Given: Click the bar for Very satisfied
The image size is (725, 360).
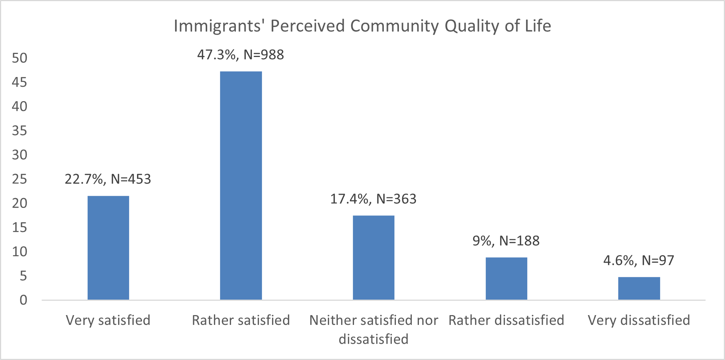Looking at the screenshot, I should point(108,248).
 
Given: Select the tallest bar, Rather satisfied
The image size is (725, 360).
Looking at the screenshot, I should point(241,186).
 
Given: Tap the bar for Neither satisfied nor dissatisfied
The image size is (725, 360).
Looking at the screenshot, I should point(374,258).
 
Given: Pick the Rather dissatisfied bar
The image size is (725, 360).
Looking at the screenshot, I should point(506,278).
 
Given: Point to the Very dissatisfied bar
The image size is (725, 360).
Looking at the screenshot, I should point(639,288).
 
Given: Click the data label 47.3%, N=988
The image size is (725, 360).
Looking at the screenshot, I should point(240,55).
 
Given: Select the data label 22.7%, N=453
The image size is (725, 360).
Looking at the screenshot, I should point(108,179).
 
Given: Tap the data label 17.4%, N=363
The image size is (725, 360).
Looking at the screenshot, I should point(373,199).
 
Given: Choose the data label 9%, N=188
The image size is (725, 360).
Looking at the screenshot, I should point(506,241).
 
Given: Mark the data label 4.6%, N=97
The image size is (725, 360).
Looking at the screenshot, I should point(639,260).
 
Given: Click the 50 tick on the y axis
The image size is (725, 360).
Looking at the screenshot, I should point(20,58).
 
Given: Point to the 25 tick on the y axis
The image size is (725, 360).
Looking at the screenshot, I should point(20,179).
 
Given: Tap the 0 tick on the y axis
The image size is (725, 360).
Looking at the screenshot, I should point(23,300).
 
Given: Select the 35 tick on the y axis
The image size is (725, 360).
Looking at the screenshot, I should point(20,131).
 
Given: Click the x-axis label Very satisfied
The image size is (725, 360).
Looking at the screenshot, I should point(108,320).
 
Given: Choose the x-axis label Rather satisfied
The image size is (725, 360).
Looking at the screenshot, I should point(241,320).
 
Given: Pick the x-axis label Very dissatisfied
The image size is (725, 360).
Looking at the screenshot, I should point(639,320).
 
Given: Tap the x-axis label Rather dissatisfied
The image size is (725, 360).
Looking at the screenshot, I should point(506,320).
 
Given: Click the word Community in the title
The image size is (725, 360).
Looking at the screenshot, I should point(394,26).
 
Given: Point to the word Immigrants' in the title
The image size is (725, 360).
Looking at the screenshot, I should point(219,26).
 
